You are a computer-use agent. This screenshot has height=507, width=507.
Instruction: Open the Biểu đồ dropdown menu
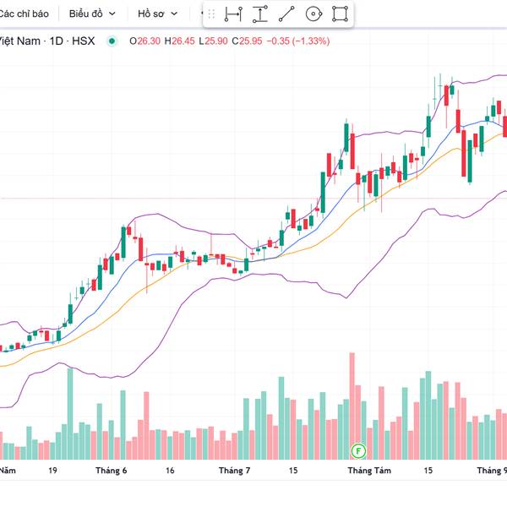[x=92, y=14]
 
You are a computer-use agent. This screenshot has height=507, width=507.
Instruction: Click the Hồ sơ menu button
[x=158, y=14]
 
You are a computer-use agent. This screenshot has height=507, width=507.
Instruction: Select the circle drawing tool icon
[x=313, y=14]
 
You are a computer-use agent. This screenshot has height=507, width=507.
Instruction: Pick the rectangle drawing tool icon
[x=340, y=14]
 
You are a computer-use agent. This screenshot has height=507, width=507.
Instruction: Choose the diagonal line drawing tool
[x=286, y=14]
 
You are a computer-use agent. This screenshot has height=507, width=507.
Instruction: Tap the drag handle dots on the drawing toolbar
[x=211, y=14]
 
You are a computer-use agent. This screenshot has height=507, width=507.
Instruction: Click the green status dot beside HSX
[x=112, y=41]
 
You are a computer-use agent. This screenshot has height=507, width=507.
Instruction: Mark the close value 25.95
[x=250, y=41]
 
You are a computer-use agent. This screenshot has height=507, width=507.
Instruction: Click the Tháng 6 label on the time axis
[x=112, y=471]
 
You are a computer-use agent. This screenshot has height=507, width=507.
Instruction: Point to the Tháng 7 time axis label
[x=235, y=471]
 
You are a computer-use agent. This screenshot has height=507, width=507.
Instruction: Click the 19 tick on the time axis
[x=53, y=471]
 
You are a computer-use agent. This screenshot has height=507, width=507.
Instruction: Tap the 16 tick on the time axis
[x=170, y=471]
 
